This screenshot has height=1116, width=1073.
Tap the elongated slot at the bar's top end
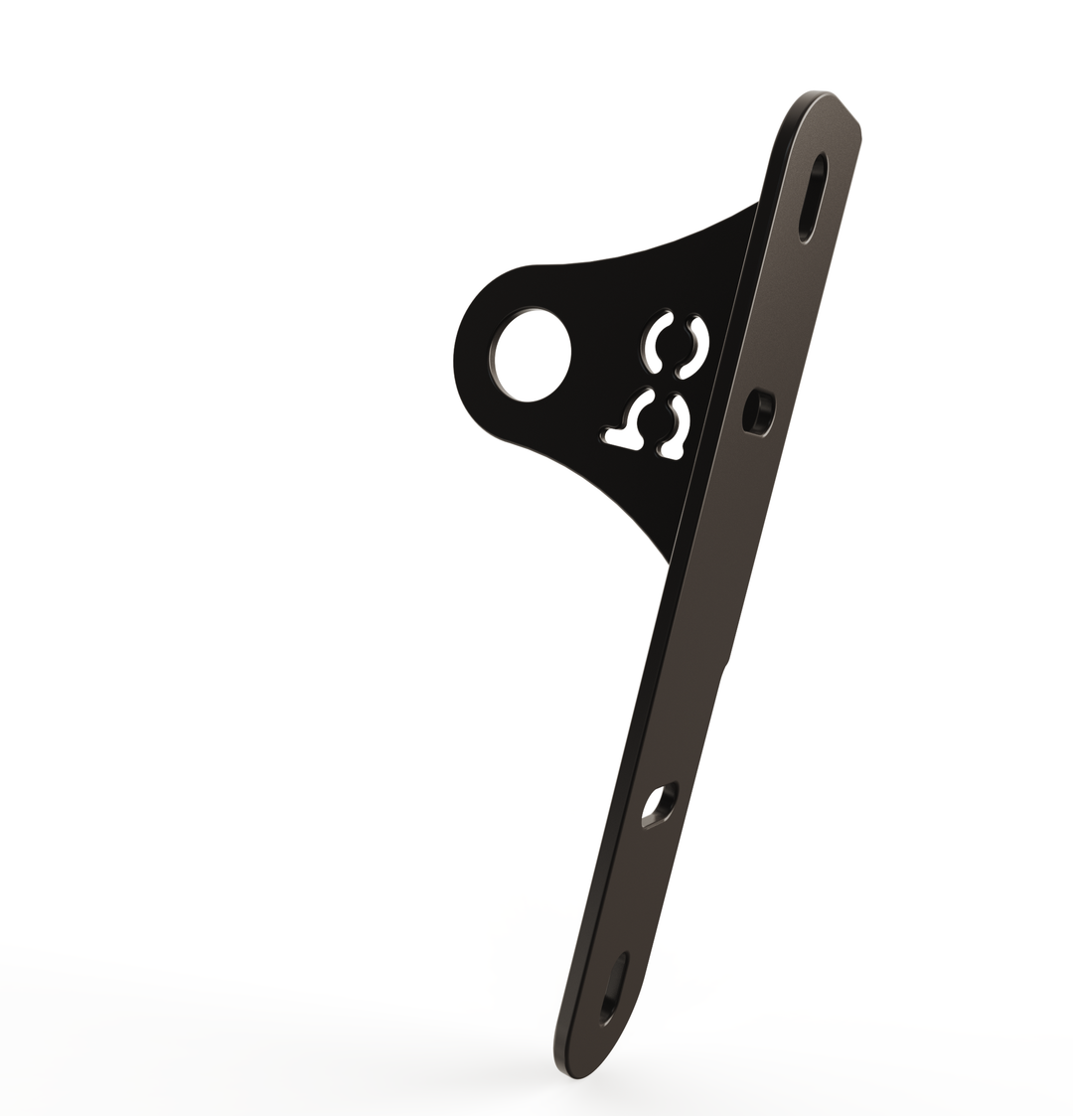(x=813, y=197)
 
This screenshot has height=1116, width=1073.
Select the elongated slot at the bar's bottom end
(x=615, y=988)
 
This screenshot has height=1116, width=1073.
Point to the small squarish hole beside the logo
(x=759, y=412)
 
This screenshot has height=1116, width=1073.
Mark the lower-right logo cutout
(x=676, y=427)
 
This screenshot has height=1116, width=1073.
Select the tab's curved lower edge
(x=596, y=487)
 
